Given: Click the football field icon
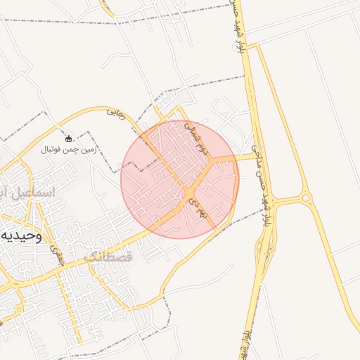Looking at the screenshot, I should click(68, 138).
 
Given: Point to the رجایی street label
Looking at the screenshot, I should click(116, 113).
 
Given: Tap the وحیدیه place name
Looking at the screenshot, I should click(21, 235).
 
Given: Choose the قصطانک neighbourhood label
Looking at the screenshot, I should click(108, 257).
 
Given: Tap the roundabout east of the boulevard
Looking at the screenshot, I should click(306, 198).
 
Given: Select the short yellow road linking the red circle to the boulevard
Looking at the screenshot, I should click(243, 157).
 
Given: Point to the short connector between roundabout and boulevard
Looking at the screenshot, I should click(288, 200).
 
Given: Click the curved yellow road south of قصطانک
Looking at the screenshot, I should click(172, 274).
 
